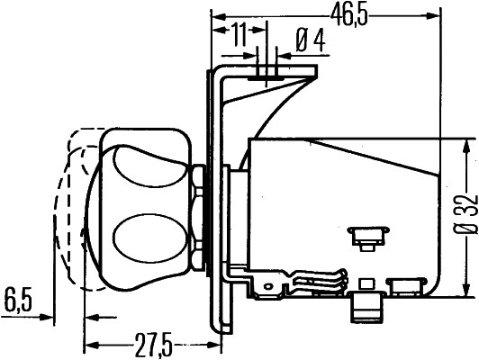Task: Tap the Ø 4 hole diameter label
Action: pos(310,39)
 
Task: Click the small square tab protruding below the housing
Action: pos(365,305)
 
